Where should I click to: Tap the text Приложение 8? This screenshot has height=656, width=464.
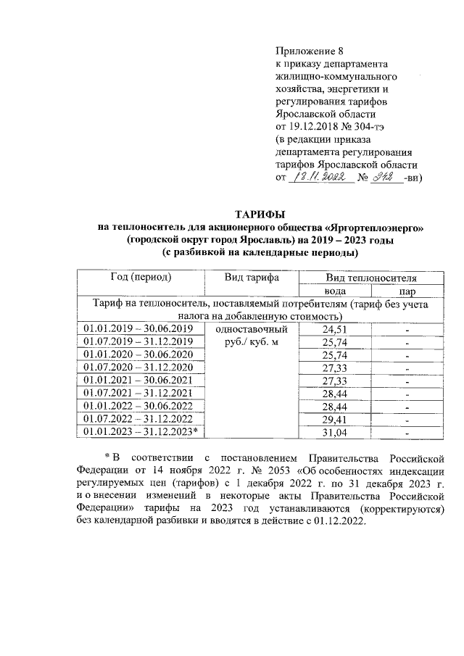click(x=308, y=51)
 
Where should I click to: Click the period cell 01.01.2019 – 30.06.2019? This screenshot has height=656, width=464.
click(x=138, y=328)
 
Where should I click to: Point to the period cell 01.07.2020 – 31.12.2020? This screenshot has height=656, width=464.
click(x=138, y=368)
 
